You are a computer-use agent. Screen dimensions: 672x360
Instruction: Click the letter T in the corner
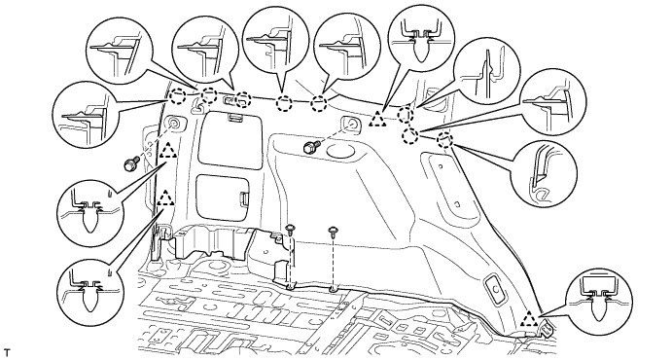coord(6,353)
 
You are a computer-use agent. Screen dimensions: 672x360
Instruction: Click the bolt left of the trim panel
coord(131,163)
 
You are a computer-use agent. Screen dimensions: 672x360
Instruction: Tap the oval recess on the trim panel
coord(339,151)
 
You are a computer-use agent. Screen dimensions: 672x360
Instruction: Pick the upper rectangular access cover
coord(231,140)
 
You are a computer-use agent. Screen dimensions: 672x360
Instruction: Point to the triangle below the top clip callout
coord(377,119)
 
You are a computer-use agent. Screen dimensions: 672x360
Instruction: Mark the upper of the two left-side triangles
coord(167,150)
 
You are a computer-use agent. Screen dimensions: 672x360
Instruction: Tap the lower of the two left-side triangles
coord(165,198)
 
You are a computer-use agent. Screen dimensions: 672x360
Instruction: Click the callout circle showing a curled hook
coord(544,173)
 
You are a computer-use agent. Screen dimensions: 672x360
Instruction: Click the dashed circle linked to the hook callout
coord(445,140)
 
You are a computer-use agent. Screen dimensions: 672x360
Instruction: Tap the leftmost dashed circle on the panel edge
coord(177,96)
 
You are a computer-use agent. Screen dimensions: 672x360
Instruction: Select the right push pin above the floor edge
coord(333,232)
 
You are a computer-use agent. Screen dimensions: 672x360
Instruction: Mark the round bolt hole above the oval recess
coord(351,125)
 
